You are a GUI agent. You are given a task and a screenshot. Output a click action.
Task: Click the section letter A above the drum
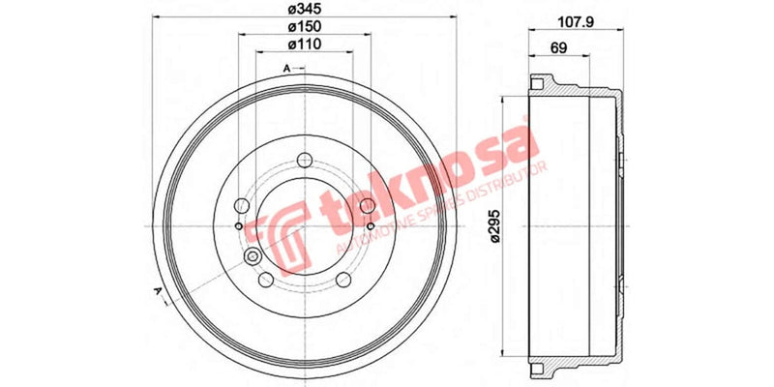[287, 68]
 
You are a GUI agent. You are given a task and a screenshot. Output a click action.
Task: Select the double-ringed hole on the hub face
[253, 256]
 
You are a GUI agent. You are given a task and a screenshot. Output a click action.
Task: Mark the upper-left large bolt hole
[241, 204]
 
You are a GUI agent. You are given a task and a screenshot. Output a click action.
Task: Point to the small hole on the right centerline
[372, 225]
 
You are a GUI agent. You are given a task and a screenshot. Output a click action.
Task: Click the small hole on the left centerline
[238, 225]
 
